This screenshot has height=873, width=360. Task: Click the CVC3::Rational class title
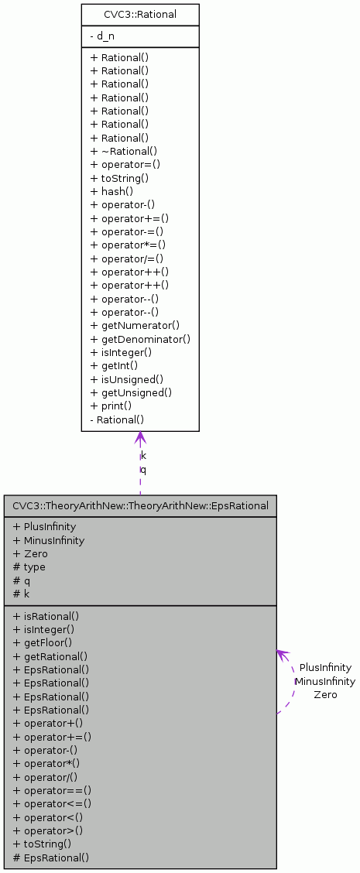click(140, 14)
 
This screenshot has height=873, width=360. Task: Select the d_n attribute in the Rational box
click(102, 36)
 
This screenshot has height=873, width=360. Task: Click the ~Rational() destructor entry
click(124, 151)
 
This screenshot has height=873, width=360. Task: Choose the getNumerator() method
click(135, 326)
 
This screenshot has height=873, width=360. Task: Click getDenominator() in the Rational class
click(140, 339)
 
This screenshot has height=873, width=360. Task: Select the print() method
click(111, 406)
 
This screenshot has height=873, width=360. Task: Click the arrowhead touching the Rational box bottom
click(140, 438)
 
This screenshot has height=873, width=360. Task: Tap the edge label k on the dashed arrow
click(143, 455)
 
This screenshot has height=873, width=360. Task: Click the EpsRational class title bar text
click(140, 506)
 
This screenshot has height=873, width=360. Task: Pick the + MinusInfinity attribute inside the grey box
click(49, 540)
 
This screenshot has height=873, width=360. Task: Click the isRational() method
click(46, 617)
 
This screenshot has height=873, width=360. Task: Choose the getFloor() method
click(43, 642)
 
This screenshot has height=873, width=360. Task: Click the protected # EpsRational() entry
click(50, 858)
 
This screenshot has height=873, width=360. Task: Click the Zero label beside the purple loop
click(325, 695)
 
